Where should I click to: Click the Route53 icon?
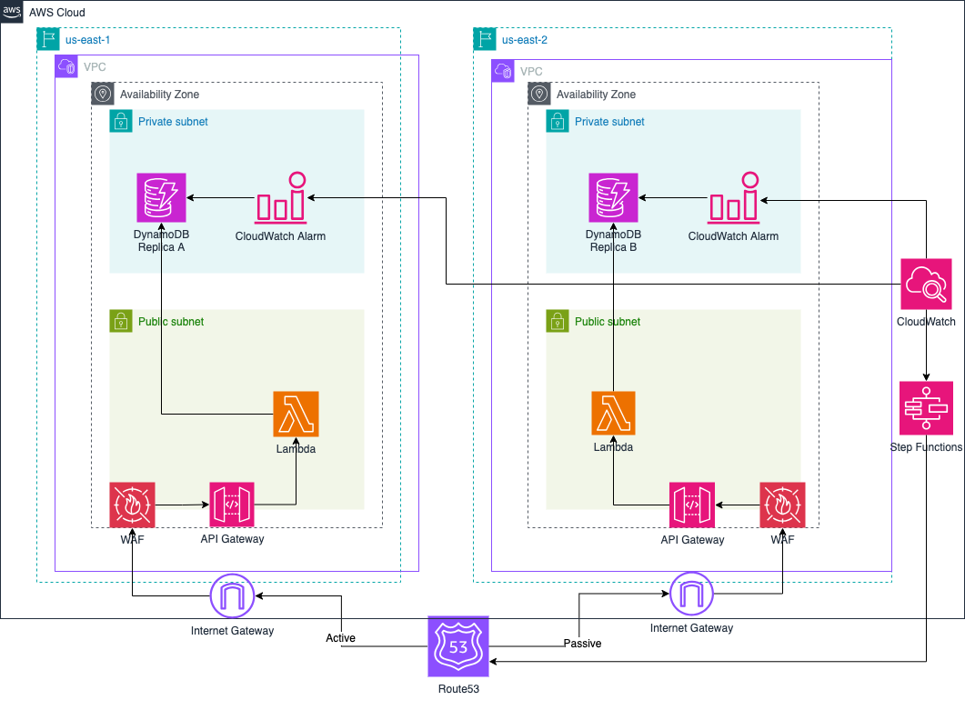(x=458, y=646)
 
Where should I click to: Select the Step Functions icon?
(x=926, y=408)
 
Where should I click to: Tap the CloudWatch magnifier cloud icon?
(x=926, y=284)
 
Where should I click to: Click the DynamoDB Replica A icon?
(x=161, y=197)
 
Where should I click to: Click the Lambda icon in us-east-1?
(x=297, y=414)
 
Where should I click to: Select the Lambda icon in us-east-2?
(x=613, y=414)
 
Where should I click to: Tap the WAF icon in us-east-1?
(x=132, y=505)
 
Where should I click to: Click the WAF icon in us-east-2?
(x=782, y=505)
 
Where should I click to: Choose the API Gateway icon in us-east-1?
(x=232, y=505)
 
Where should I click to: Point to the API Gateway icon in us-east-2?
(x=692, y=505)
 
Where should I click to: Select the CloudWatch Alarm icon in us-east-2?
(x=733, y=197)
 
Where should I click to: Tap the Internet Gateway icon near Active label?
(x=232, y=596)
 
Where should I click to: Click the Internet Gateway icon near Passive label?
(x=692, y=596)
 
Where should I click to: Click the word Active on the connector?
(x=340, y=638)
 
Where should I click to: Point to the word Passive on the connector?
(x=582, y=643)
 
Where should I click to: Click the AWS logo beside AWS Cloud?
(x=12, y=11)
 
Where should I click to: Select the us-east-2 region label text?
(x=524, y=40)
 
